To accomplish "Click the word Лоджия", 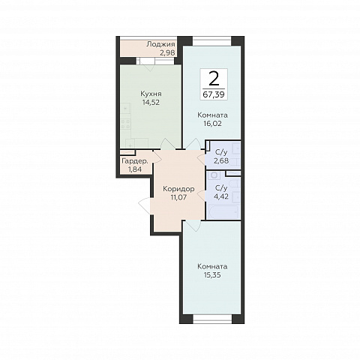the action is coord(160,45).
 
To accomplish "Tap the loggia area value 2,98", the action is coord(167,53).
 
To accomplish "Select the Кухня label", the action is coord(151,94).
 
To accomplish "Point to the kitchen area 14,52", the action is coord(151,102).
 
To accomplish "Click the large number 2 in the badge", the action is coord(214,79).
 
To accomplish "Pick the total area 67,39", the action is coord(214,94).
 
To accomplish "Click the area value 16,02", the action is coord(213,124).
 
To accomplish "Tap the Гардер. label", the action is coord(135,161).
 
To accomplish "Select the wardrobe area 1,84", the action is coord(135,169).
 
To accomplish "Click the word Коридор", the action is coord(178,189).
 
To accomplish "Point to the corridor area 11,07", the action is coord(178,197).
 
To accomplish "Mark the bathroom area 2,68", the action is coord(221,160).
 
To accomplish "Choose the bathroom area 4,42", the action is coord(221,196).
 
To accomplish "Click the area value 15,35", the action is coord(212,275).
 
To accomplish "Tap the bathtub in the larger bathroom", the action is coord(223,212).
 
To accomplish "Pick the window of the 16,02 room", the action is coord(212,41).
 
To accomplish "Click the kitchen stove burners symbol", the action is coord(126,124).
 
